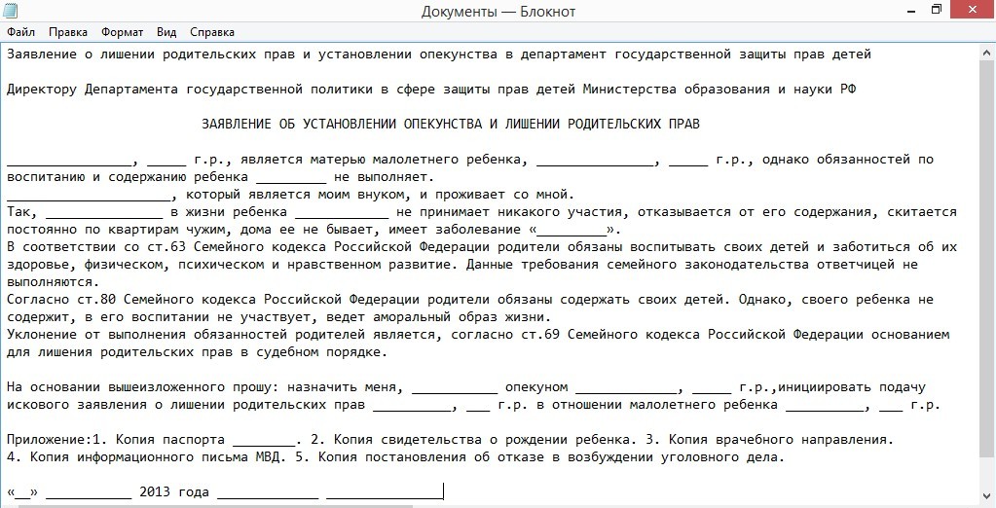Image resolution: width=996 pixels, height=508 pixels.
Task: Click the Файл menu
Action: pyautogui.click(x=20, y=31)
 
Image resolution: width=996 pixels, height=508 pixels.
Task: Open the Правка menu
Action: pyautogui.click(x=67, y=31)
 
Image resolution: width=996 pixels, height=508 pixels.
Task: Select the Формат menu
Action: pyautogui.click(x=122, y=31)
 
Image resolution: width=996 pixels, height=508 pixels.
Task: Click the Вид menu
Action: pyautogui.click(x=166, y=31)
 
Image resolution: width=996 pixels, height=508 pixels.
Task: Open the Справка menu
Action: pyautogui.click(x=212, y=31)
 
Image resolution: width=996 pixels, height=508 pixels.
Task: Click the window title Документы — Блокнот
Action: pyautogui.click(x=498, y=12)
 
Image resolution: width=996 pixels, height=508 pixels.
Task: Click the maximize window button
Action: pyautogui.click(x=936, y=10)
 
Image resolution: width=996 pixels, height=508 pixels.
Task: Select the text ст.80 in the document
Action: pyautogui.click(x=94, y=300)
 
